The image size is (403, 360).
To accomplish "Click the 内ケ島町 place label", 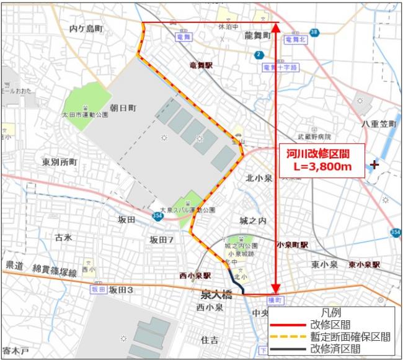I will [86, 29].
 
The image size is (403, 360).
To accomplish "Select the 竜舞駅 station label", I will [201, 65].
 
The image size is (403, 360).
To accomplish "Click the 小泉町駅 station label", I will [293, 245].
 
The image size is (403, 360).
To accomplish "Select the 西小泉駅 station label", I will [195, 275].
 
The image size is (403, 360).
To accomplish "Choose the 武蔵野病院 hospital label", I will [314, 137].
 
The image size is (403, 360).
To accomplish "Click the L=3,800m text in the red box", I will [322, 167].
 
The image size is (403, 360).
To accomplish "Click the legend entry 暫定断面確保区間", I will [350, 336].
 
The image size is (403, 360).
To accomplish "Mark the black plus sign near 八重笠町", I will [374, 164].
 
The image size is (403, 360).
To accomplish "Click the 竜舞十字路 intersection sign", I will [280, 67].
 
